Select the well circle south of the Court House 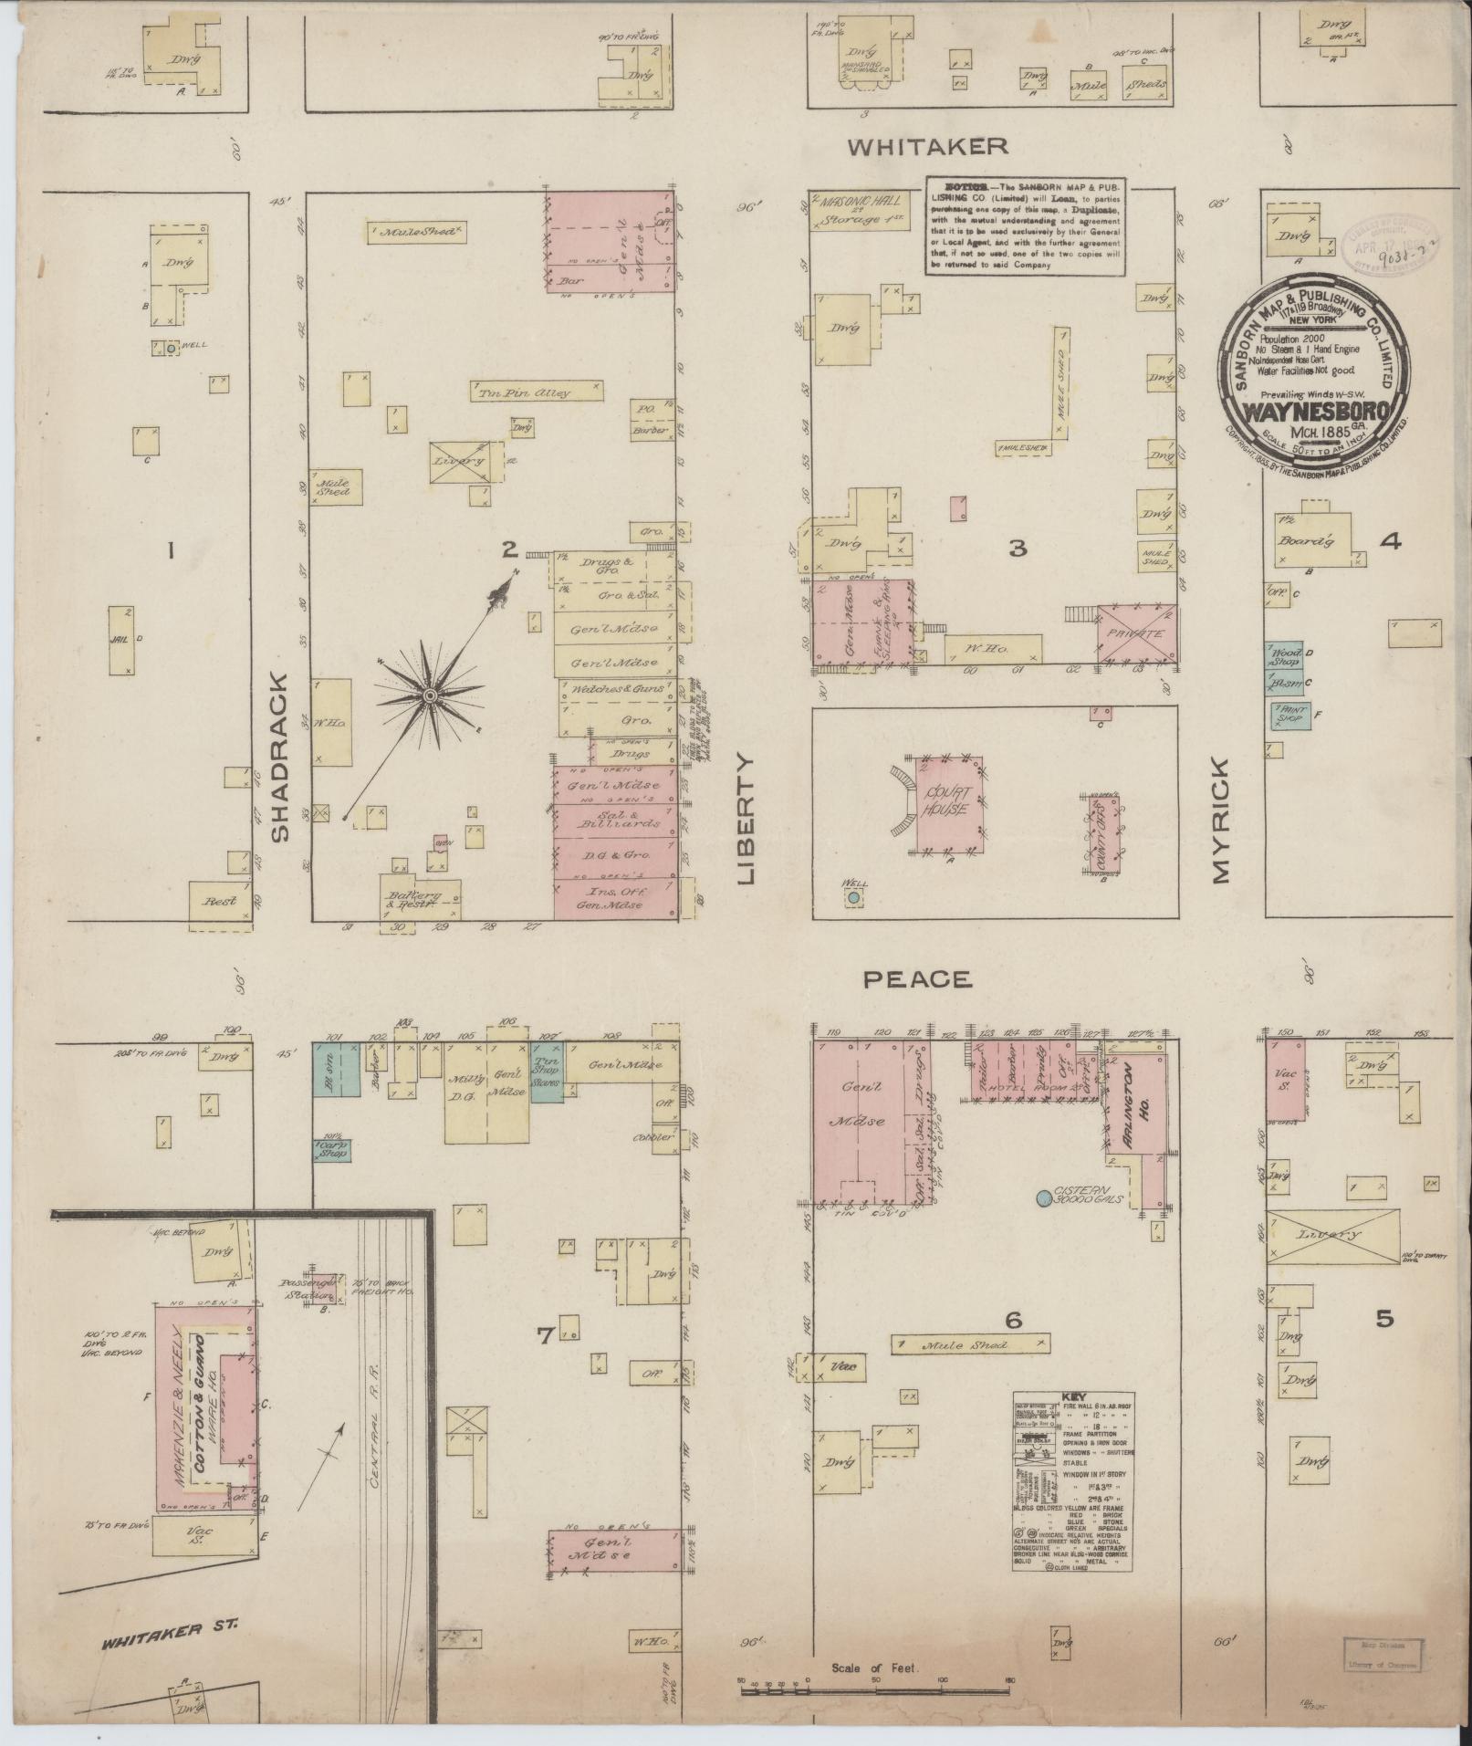tap(853, 898)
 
